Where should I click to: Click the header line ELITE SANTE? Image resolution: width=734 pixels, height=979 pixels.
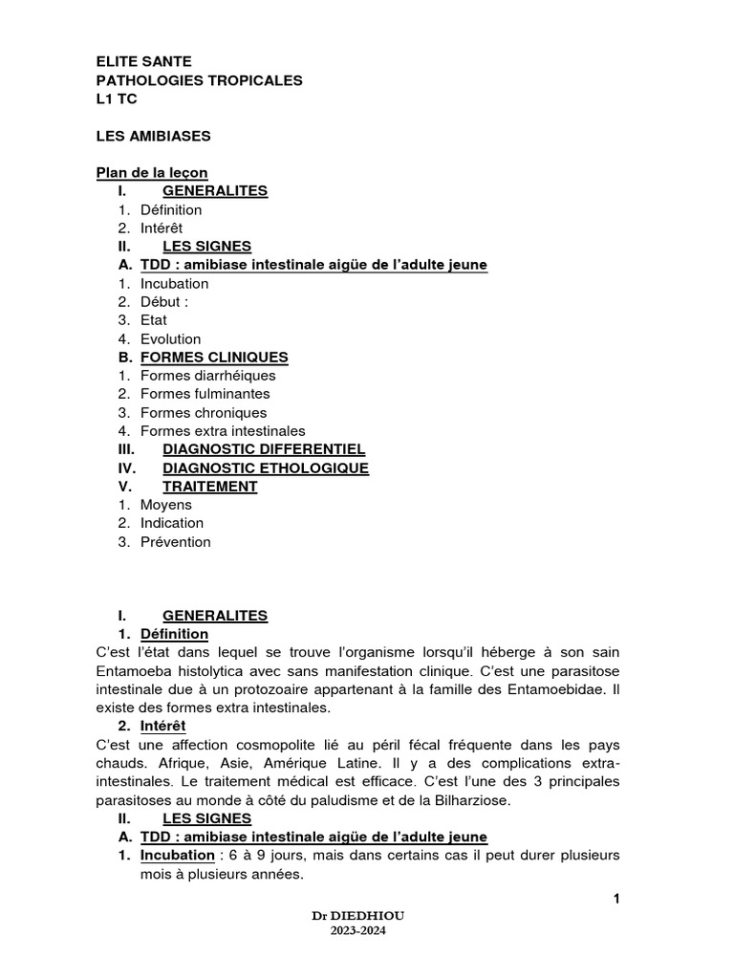tap(143, 61)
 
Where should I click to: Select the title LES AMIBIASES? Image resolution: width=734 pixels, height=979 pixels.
tap(153, 136)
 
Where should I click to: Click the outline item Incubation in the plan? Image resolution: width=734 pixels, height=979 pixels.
tap(174, 284)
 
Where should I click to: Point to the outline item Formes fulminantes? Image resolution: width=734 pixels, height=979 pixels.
tap(205, 394)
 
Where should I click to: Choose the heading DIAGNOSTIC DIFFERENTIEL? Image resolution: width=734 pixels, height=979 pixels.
tap(264, 449)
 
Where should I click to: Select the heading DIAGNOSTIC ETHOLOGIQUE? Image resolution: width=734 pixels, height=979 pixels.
tap(266, 468)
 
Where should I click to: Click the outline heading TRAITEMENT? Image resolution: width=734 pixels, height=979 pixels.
tap(209, 487)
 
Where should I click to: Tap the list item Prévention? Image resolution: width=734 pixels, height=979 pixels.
tap(175, 542)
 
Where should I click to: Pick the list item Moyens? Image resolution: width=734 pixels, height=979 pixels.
tap(165, 505)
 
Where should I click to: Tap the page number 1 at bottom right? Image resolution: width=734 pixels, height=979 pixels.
tap(616, 898)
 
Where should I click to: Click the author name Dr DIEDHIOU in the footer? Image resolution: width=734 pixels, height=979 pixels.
tap(366, 916)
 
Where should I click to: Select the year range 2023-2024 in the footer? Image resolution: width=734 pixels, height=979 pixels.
tap(366, 930)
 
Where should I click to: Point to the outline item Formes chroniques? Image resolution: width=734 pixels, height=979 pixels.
tap(203, 413)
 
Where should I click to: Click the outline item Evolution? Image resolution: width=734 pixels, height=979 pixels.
tap(170, 339)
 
